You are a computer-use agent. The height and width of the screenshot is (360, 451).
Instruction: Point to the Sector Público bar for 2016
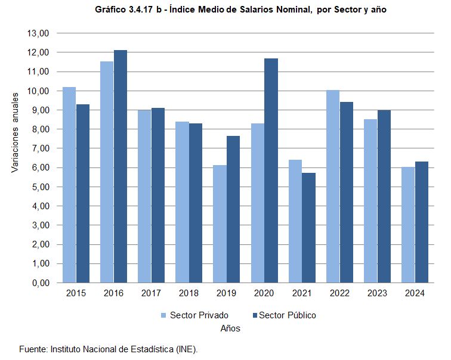tap(121, 166)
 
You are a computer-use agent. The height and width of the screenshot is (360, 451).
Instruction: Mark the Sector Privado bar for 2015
tap(69, 185)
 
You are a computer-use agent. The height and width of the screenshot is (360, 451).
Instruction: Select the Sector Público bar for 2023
tap(384, 196)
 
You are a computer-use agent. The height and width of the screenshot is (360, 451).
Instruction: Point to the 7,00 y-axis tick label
tap(39, 148)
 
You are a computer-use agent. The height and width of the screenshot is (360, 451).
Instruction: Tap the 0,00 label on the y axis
tap(39, 283)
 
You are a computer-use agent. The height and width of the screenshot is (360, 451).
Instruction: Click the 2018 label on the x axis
tap(189, 293)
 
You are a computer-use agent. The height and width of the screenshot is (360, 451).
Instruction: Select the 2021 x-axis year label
tap(302, 293)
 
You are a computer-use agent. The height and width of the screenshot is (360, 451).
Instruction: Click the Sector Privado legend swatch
tap(162, 315)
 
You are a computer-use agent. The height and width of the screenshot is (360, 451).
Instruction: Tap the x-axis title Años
tap(230, 328)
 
